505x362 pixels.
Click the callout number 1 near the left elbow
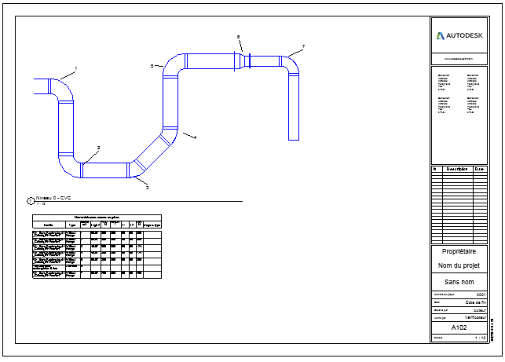coord(76,68)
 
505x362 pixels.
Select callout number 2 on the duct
coord(99,148)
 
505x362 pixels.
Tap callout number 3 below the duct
coord(147,188)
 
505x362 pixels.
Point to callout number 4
coord(195,137)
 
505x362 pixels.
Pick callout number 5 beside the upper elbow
coord(152,67)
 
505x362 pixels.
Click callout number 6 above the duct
coord(239,37)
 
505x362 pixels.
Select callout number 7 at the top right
coord(303,47)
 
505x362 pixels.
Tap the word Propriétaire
coord(465,252)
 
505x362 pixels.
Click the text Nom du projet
coord(465,266)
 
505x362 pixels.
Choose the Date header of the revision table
coord(479,169)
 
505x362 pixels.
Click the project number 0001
coord(481,294)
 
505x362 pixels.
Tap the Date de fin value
coord(476,302)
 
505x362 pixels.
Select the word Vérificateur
coord(474,317)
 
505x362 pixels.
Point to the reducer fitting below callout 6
coord(244,60)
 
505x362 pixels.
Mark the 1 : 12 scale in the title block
coord(480,338)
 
